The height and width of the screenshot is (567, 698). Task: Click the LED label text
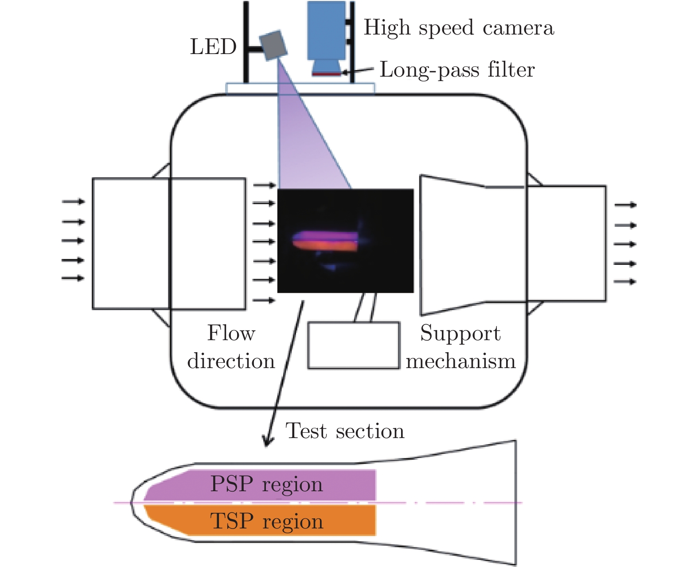[213, 47]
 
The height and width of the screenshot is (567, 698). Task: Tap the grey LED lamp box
[273, 45]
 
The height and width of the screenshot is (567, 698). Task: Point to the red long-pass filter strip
[327, 74]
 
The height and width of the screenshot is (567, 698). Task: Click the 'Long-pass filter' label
[457, 70]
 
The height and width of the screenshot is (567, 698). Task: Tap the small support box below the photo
[354, 346]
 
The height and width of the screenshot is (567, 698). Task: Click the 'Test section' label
[345, 431]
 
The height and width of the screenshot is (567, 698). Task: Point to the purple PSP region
[266, 484]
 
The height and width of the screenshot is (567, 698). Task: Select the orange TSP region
[266, 521]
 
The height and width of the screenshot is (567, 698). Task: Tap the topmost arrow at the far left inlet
[73, 202]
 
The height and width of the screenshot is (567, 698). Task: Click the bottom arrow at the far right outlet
[625, 282]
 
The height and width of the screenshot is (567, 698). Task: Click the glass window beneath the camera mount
[300, 89]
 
